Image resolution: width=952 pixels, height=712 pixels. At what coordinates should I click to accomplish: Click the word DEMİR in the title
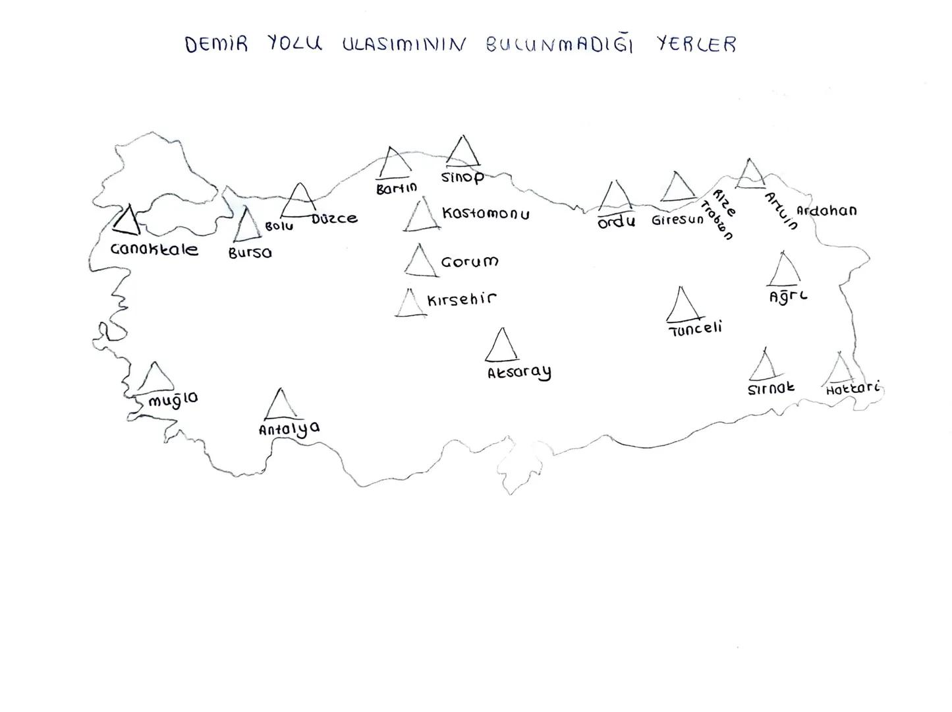tap(216, 44)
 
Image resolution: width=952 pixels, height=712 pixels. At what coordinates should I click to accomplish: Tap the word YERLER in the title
tap(696, 44)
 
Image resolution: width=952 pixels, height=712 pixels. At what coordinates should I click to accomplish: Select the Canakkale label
tap(154, 250)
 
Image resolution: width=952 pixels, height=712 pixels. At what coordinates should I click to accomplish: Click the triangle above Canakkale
tap(126, 221)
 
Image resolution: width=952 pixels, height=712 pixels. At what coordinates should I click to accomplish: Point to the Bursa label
tap(250, 252)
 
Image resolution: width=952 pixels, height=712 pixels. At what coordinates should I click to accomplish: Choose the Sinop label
tap(462, 177)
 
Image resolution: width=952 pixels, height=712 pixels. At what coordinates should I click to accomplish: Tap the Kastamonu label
tap(486, 214)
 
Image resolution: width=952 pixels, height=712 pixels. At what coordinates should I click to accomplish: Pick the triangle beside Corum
tap(420, 262)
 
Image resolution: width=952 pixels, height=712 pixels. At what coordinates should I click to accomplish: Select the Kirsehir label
tap(462, 299)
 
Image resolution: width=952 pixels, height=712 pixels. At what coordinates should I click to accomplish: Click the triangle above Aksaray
tap(501, 347)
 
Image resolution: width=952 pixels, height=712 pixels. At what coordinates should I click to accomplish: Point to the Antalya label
tap(289, 429)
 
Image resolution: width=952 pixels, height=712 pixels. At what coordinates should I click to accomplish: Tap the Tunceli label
tap(696, 328)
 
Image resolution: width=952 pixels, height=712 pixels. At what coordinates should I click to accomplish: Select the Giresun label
tap(677, 220)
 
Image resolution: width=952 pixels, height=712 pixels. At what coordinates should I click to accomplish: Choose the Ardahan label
tap(826, 211)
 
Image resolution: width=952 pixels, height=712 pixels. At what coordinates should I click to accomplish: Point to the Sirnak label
tap(771, 388)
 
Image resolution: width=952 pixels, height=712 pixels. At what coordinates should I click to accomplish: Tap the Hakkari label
tap(853, 388)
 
